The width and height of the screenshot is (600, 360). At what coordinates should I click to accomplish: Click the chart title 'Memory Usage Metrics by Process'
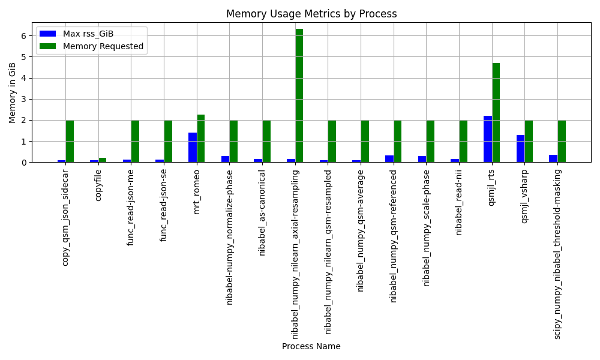click(x=311, y=14)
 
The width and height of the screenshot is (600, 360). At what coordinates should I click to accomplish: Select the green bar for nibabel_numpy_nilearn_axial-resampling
click(x=299, y=95)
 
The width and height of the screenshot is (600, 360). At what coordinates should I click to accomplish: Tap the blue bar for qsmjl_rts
click(x=488, y=139)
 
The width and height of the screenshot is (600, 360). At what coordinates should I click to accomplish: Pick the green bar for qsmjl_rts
click(x=496, y=113)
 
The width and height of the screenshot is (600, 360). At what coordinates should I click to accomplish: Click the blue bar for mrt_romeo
click(x=193, y=148)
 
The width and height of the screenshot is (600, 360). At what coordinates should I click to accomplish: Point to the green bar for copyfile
click(x=103, y=160)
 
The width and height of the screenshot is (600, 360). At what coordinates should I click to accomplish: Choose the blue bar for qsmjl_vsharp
click(x=520, y=149)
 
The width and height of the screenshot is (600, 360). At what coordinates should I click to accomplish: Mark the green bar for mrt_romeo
click(x=201, y=139)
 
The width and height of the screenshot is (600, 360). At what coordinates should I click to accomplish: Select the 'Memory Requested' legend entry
click(x=92, y=46)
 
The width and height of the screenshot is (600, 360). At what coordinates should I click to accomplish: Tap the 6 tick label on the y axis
click(x=24, y=36)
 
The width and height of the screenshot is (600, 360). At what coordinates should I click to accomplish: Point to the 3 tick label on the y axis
click(x=24, y=100)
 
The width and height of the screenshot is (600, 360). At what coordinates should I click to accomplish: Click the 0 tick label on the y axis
click(x=24, y=163)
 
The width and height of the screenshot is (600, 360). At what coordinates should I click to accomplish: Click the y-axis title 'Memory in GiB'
click(x=12, y=93)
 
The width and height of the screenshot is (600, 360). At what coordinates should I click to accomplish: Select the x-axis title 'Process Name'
click(x=311, y=346)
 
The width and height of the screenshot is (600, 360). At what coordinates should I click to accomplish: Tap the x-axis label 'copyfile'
click(x=98, y=185)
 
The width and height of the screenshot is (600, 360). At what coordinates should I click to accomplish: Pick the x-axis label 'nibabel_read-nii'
click(x=459, y=203)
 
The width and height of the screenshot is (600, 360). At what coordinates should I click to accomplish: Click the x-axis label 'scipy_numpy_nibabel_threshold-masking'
click(x=557, y=254)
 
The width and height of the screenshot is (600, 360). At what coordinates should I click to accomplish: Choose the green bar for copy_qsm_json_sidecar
click(x=70, y=142)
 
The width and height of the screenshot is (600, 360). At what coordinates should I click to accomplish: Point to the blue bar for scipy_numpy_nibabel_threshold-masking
click(x=553, y=159)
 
